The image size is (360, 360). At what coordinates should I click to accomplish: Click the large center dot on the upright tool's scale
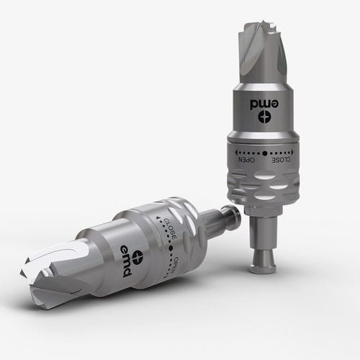pos(265,153)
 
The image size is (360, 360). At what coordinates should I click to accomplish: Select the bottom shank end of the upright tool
pos(263,268)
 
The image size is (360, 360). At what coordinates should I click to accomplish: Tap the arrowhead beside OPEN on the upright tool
pos(234,153)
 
